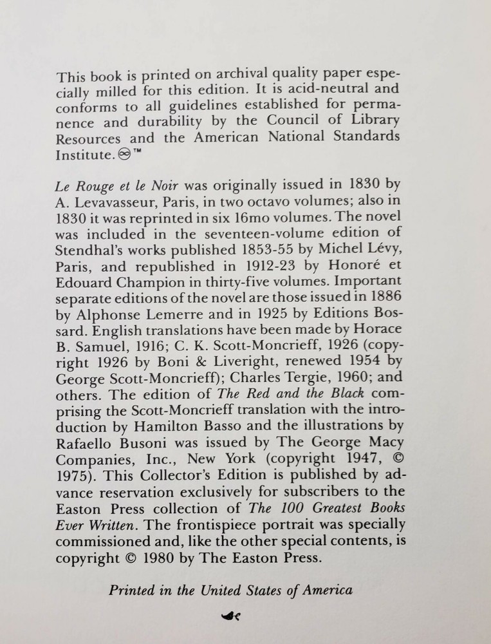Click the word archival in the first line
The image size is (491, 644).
pyautogui.click(x=227, y=77)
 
